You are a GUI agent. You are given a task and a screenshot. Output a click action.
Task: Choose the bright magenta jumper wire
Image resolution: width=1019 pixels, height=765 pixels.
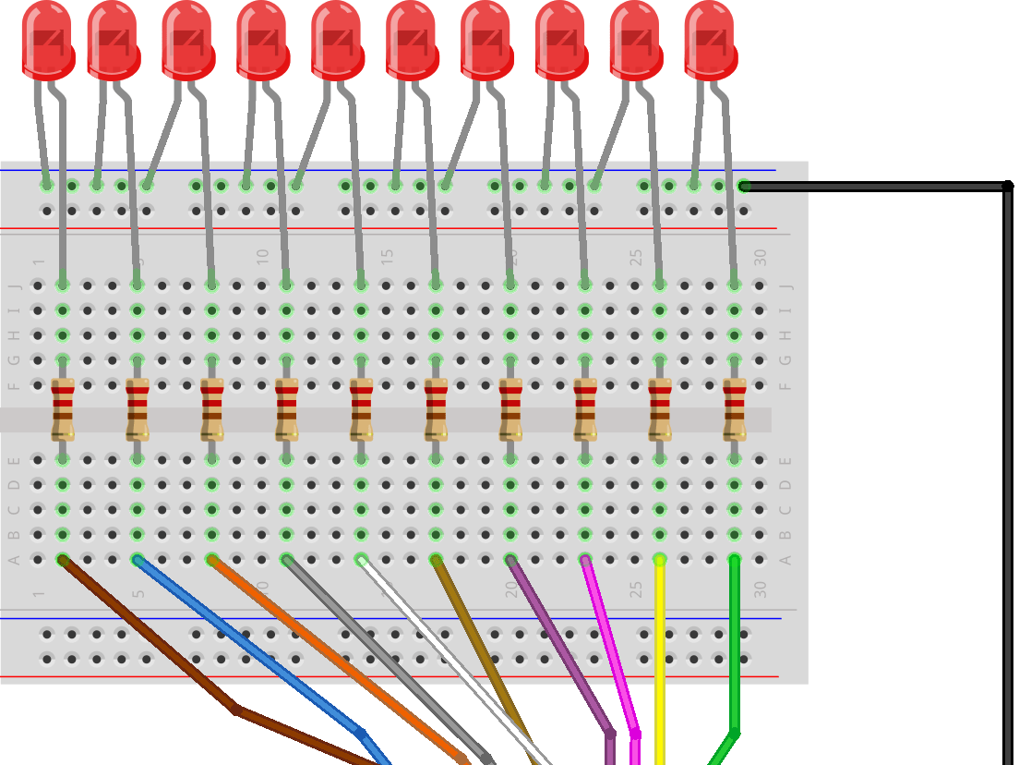pos(609,647)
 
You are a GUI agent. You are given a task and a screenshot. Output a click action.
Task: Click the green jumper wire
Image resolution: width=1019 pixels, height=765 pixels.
pos(735,647)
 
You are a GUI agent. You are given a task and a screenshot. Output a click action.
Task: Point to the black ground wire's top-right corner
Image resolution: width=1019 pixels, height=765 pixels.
pos(1007,187)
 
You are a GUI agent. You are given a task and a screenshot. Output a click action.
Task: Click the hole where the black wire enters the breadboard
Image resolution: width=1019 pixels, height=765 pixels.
pos(744,187)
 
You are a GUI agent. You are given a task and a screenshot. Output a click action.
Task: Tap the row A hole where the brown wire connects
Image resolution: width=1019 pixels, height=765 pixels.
pos(63,559)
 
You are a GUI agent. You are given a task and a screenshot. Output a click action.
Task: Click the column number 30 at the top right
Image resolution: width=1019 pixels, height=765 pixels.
pos(760,258)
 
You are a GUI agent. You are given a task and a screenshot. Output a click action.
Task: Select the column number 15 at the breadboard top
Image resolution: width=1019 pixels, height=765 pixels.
pos(387,255)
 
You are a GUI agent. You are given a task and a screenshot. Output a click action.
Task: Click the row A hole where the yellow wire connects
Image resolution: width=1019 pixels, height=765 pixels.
pos(659,559)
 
